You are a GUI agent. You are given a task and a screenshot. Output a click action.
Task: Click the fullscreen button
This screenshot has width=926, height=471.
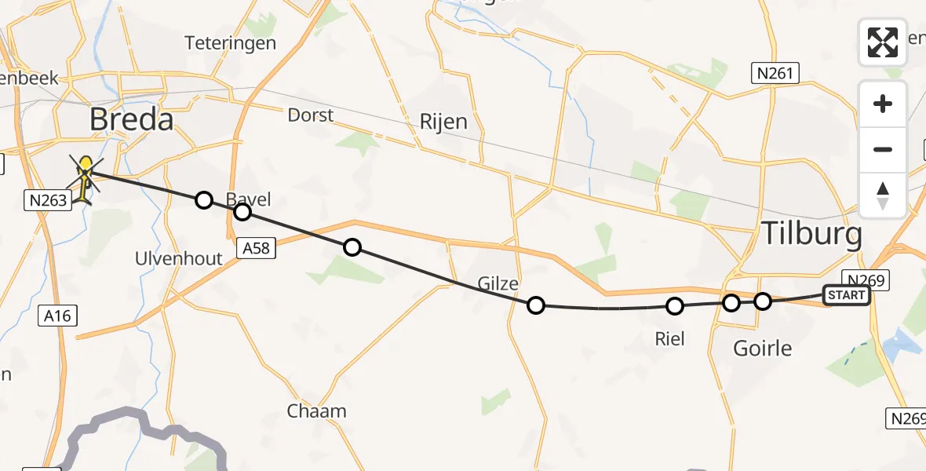tap(883, 42)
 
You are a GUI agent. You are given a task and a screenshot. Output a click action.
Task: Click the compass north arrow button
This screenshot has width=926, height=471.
tap(883, 195)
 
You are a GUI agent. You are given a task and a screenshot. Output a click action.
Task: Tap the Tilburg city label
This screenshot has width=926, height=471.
tap(812, 235)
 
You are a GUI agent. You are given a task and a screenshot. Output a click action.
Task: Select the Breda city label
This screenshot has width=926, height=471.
tap(131, 120)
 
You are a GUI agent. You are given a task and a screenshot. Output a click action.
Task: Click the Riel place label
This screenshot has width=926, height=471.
tap(670, 339)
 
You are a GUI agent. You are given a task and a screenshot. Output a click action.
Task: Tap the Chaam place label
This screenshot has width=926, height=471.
tap(316, 411)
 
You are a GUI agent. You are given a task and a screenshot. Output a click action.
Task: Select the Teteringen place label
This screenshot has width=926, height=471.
tap(231, 43)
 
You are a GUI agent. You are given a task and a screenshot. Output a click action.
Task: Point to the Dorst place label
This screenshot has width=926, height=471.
tap(311, 115)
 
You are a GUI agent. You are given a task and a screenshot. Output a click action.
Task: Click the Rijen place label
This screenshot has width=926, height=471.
tap(443, 122)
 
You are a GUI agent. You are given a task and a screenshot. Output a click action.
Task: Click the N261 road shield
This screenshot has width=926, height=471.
tap(775, 75)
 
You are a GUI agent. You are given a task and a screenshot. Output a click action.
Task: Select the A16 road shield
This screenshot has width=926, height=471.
tap(58, 316)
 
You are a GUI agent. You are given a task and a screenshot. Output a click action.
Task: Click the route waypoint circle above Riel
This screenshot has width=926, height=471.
tap(674, 306)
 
